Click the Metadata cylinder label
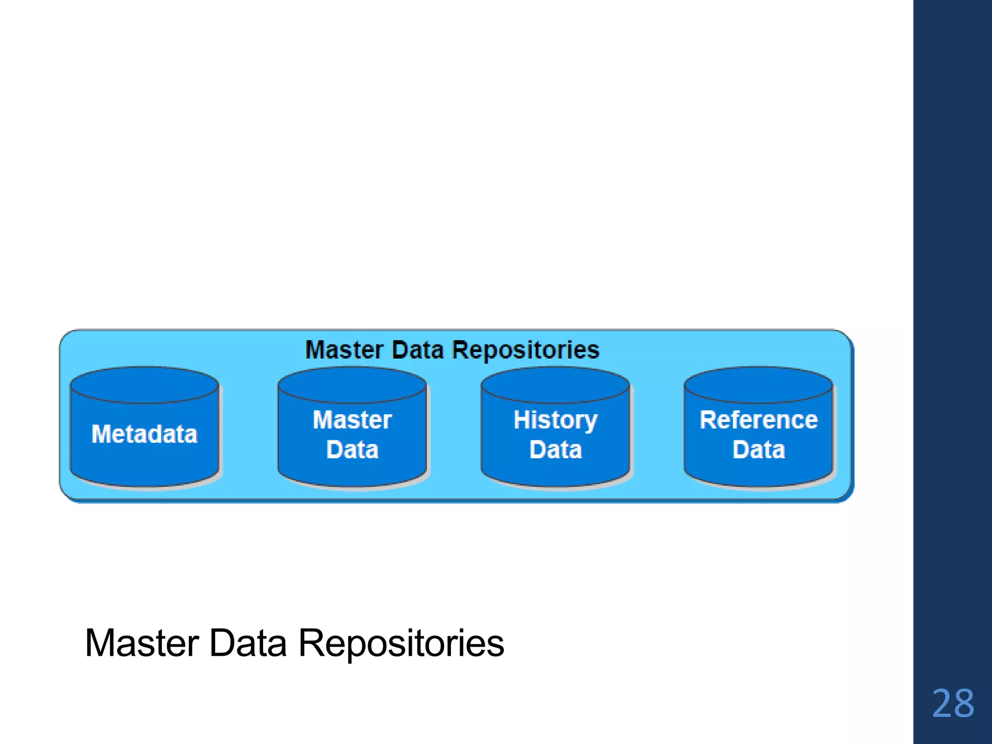pos(144,434)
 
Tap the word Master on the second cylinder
pos(352,420)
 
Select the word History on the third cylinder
pos(556,420)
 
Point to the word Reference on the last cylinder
pos(759,420)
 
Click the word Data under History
pos(556,450)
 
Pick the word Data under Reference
pos(759,450)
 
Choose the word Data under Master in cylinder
pos(352,450)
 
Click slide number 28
pos(953,703)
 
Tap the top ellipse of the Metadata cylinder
pos(144,385)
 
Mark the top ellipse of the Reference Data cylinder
pos(759,385)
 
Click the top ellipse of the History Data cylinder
pos(556,385)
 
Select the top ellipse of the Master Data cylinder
pos(352,385)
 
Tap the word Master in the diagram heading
pos(345,350)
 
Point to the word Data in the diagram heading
pos(418,350)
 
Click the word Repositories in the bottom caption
pos(401,644)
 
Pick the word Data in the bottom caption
pos(248,644)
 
